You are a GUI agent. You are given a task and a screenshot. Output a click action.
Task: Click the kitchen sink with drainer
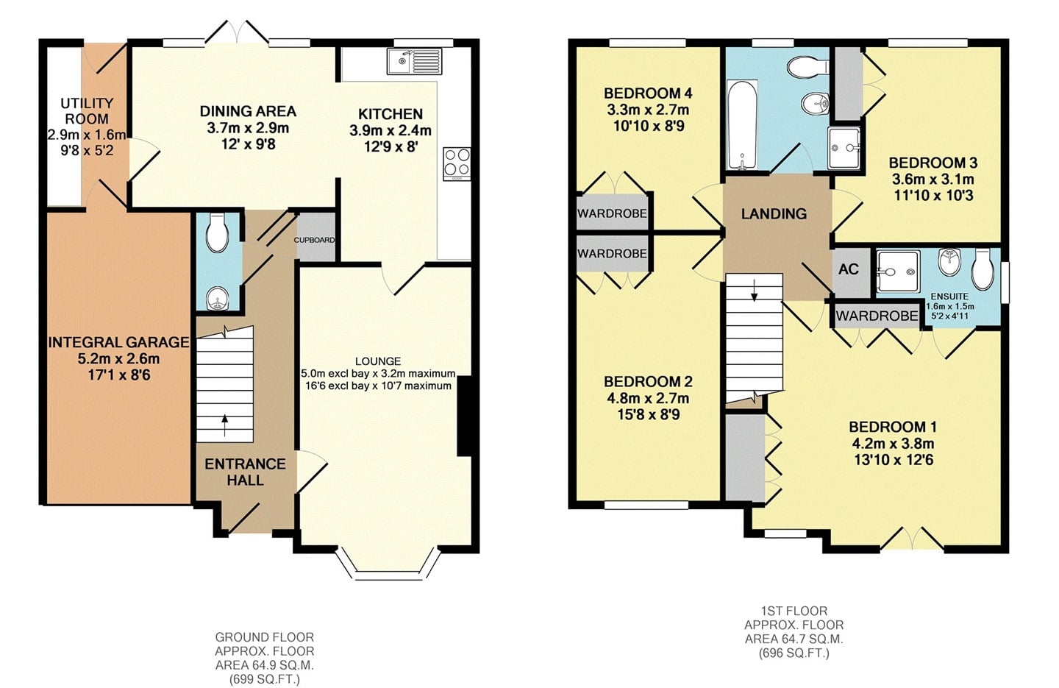(x=415, y=61)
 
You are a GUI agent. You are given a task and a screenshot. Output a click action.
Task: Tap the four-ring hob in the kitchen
(x=457, y=163)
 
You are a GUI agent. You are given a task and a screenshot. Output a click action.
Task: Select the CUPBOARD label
(x=315, y=240)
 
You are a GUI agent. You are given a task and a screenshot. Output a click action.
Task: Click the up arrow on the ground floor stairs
(x=224, y=425)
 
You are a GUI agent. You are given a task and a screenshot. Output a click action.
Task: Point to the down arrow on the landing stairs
(x=754, y=291)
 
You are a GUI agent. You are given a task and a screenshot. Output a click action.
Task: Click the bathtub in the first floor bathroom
(x=742, y=124)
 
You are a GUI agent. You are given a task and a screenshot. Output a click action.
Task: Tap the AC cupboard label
(x=849, y=269)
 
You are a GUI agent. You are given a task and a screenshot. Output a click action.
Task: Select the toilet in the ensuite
(x=983, y=269)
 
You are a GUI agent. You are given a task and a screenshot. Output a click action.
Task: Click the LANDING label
(x=774, y=214)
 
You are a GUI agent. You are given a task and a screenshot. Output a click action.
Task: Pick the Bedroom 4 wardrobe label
(x=612, y=213)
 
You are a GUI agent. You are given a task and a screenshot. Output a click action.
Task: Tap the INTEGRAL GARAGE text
(x=118, y=342)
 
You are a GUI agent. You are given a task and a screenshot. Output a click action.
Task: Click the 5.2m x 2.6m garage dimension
(x=118, y=358)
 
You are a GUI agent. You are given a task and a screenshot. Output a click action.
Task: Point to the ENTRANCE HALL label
(x=245, y=472)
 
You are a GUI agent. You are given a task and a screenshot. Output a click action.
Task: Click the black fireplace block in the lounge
(x=464, y=416)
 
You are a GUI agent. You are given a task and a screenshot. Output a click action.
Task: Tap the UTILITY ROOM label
(x=87, y=110)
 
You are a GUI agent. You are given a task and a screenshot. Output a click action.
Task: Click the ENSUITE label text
(x=950, y=297)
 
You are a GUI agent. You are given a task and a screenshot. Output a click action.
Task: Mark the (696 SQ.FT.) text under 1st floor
(x=794, y=653)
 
